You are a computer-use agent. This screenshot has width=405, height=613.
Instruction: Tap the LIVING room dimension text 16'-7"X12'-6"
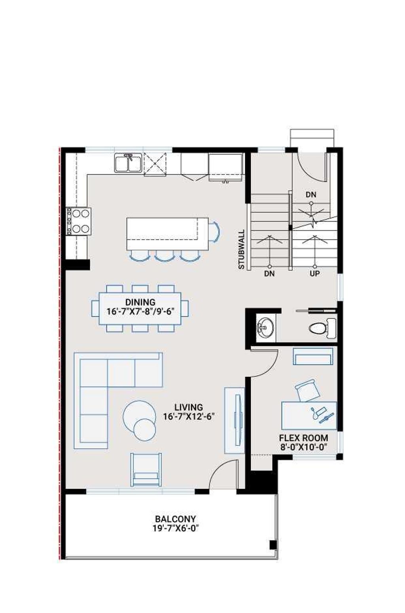pyautogui.click(x=189, y=416)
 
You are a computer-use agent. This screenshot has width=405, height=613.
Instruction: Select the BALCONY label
pyautogui.click(x=175, y=519)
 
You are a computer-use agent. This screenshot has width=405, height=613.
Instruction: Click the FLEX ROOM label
pyautogui.click(x=303, y=438)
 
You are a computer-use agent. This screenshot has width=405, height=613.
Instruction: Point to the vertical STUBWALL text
pyautogui.click(x=242, y=250)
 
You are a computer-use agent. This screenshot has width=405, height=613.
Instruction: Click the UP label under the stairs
pyautogui.click(x=315, y=273)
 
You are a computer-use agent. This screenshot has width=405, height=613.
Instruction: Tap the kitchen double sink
pyautogui.click(x=128, y=163)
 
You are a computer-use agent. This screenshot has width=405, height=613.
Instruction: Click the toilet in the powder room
pyautogui.click(x=321, y=328)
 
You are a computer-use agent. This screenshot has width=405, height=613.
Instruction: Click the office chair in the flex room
pyautogui.click(x=308, y=390)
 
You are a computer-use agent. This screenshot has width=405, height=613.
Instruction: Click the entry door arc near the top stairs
pyautogui.click(x=310, y=168)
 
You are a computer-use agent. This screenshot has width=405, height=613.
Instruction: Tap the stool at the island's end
pyautogui.click(x=214, y=232)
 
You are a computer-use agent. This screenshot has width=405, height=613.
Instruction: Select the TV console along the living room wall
pyautogui.click(x=234, y=420)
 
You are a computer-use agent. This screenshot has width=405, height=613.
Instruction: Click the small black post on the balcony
pyautogui.click(x=273, y=545)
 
